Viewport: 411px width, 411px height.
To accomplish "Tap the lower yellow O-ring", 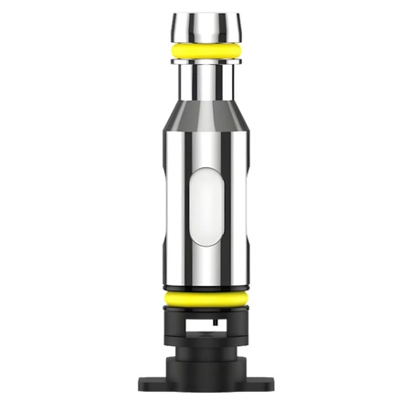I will click(x=205, y=298).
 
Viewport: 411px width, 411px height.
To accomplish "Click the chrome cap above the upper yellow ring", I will click(x=205, y=26).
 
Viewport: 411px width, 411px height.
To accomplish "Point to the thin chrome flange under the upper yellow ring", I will click(x=205, y=61).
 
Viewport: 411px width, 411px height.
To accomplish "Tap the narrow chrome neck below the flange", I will click(x=205, y=78).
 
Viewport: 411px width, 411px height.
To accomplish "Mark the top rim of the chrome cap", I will click(x=205, y=14).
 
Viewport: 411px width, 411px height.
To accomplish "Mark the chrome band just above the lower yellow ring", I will click(x=205, y=281).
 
